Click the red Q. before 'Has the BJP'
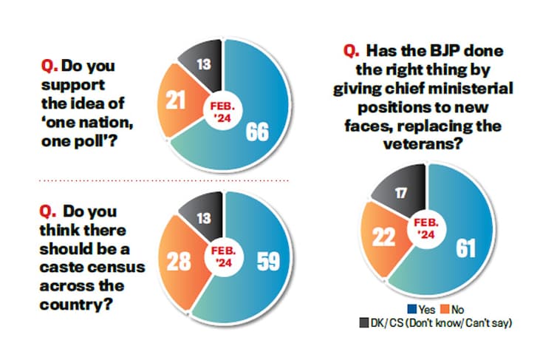(350, 52)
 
